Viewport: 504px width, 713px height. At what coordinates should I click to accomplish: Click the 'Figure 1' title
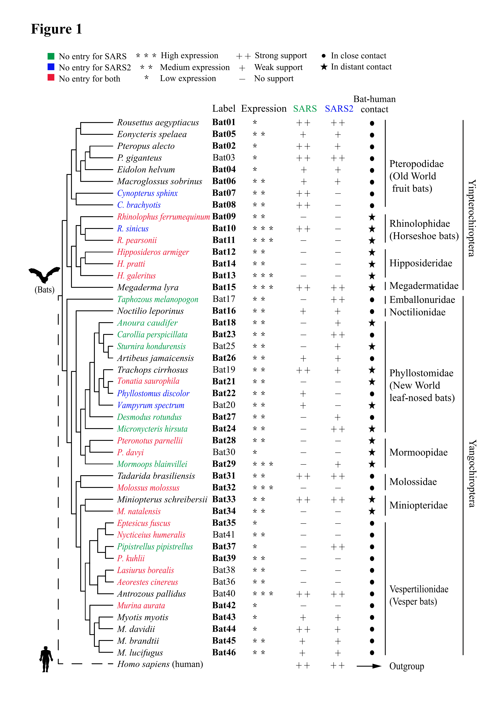56,29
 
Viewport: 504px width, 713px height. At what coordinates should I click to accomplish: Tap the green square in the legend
51,56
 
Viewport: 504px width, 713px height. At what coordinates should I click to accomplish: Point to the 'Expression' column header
264,109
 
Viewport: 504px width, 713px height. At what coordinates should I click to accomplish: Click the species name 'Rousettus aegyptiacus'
158,123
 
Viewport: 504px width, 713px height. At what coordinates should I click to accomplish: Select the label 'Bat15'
224,287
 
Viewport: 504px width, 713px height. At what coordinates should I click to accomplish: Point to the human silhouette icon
46,659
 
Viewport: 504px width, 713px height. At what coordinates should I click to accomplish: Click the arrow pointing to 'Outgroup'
369,666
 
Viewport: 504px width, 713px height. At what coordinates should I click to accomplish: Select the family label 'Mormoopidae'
418,452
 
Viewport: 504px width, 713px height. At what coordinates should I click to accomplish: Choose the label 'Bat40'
224,594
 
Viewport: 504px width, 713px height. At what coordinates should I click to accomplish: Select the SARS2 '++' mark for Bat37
338,547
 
